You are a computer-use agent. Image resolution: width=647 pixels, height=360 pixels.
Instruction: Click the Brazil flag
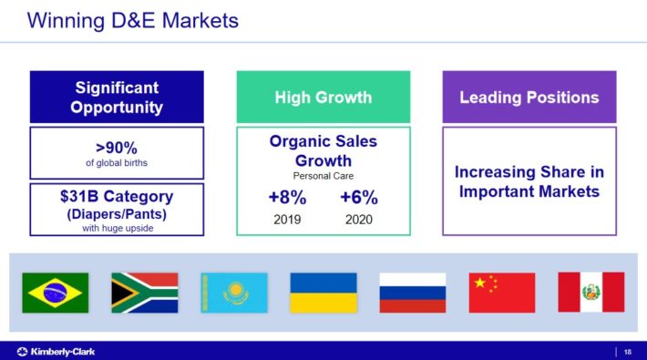click(56, 293)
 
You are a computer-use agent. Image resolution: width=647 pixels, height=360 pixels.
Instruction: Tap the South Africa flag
click(145, 293)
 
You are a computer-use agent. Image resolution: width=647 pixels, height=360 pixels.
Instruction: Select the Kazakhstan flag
click(234, 293)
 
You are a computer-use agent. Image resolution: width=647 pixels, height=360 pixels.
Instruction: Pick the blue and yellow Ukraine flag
click(323, 293)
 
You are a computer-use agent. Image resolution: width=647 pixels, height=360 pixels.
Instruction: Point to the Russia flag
click(413, 293)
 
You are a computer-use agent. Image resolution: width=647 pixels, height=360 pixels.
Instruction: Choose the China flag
click(502, 293)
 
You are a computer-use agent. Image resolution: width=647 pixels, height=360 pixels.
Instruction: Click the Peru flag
click(591, 293)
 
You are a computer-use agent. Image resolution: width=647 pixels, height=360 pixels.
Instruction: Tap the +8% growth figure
click(288, 198)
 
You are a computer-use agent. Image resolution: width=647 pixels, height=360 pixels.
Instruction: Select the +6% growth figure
click(359, 198)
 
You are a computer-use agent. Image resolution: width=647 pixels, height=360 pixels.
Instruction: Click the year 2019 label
click(287, 220)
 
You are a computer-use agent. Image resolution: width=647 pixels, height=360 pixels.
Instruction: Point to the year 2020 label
click(359, 220)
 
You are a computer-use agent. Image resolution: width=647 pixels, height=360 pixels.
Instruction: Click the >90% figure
click(117, 148)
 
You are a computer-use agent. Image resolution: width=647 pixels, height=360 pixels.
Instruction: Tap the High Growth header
click(323, 98)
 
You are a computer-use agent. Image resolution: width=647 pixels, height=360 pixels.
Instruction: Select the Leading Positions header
click(529, 98)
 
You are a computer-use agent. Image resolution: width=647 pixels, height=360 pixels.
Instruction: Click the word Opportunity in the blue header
click(117, 108)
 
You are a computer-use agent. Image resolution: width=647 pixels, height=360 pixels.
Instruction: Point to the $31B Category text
click(117, 197)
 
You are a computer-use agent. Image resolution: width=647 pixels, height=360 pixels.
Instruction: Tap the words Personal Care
click(323, 176)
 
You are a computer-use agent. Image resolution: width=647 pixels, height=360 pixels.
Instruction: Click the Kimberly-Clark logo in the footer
click(56, 352)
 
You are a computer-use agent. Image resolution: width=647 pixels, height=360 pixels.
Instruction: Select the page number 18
click(628, 352)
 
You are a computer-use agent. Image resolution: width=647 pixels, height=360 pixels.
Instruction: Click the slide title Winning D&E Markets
click(133, 21)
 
